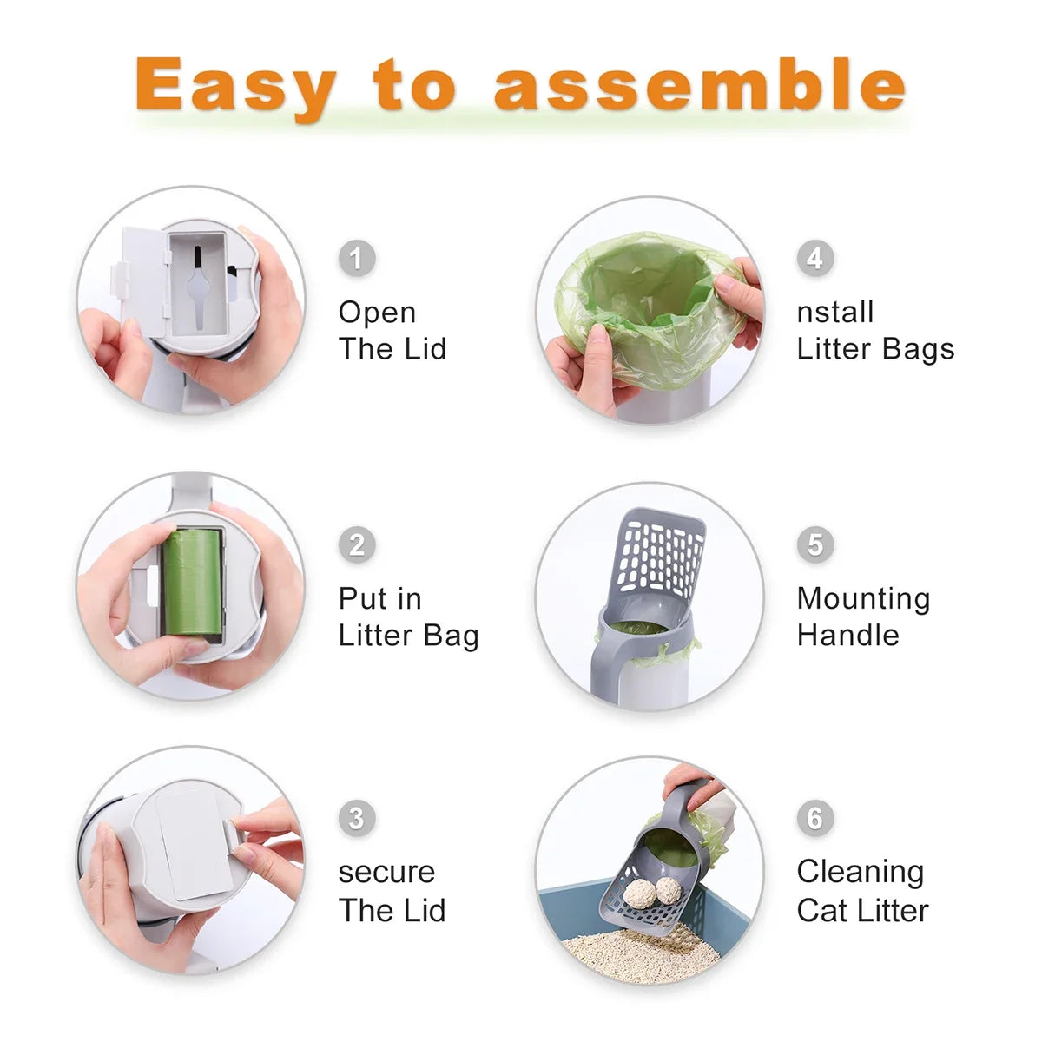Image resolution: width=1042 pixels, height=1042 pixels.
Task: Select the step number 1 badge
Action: coord(356,258)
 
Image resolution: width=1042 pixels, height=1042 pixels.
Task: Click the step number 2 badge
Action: coord(356,544)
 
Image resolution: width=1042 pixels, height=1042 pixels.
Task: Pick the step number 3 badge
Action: coord(356,818)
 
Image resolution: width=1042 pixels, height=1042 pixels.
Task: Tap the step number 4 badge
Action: coord(814,258)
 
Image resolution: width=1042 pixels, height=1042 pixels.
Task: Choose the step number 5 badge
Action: coord(814,544)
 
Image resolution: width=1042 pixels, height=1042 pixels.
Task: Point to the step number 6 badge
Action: coord(814,818)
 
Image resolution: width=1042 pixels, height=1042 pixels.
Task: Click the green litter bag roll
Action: coord(191,583)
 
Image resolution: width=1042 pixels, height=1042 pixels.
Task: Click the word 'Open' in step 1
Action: coord(377,313)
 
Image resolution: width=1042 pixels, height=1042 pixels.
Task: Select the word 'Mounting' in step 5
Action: coord(863,598)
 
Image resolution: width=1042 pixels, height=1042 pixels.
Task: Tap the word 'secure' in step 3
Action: coord(386,872)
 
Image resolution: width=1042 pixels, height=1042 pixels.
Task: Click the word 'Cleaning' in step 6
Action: coord(860,872)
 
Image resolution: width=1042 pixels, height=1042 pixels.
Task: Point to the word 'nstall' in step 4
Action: coord(834,312)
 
